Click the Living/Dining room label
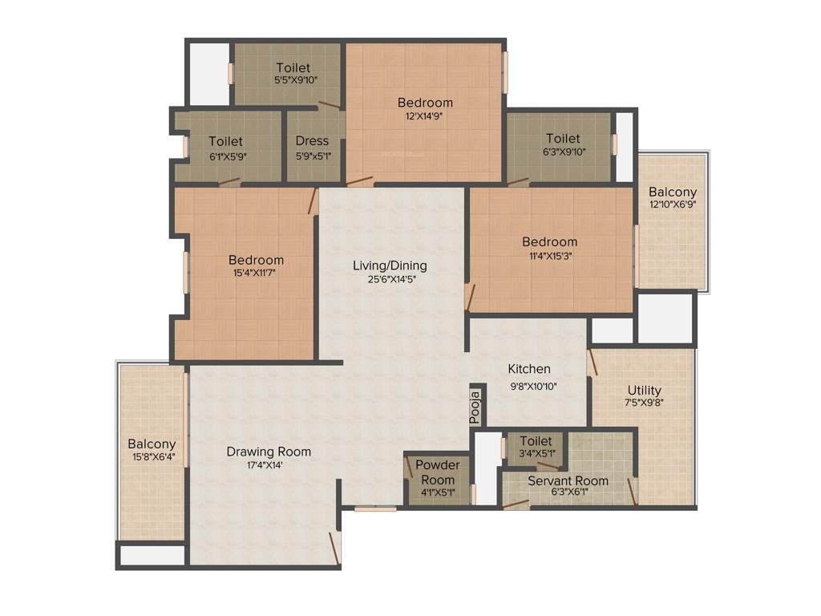[390, 265]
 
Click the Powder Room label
[438, 472]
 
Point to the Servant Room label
[568, 480]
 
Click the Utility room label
[645, 391]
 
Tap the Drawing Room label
[269, 452]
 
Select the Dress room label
[312, 141]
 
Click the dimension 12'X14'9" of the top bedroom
[425, 115]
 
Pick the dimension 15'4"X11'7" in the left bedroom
[256, 274]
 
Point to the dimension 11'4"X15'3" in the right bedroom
[549, 256]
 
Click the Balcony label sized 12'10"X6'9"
[673, 192]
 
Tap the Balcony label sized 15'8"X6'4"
[152, 444]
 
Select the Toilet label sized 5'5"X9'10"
[293, 67]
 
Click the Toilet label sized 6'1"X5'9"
[226, 141]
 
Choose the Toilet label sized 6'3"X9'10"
[563, 139]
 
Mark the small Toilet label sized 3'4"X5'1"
[536, 441]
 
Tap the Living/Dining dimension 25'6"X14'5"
[390, 280]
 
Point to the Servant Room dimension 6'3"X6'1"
[568, 493]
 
